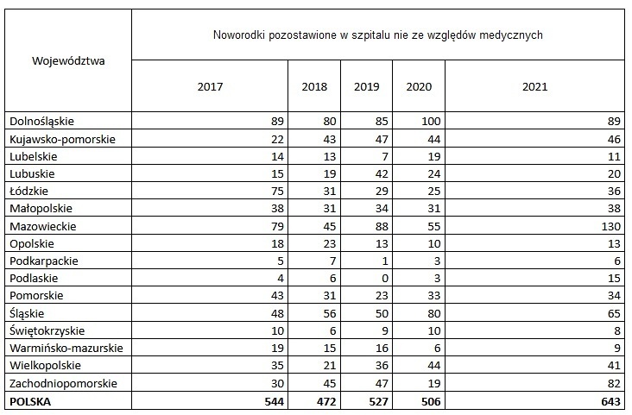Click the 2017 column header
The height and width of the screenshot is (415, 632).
click(209, 86)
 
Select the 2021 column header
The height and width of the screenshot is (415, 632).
click(534, 86)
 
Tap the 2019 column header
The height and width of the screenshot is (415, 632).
click(366, 86)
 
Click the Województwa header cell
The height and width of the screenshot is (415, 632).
click(68, 60)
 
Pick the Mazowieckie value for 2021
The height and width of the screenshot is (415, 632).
click(607, 226)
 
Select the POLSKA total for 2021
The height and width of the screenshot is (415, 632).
click(607, 401)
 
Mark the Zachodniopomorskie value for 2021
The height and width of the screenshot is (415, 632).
click(610, 383)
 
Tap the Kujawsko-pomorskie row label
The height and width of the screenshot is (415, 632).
click(61, 139)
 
